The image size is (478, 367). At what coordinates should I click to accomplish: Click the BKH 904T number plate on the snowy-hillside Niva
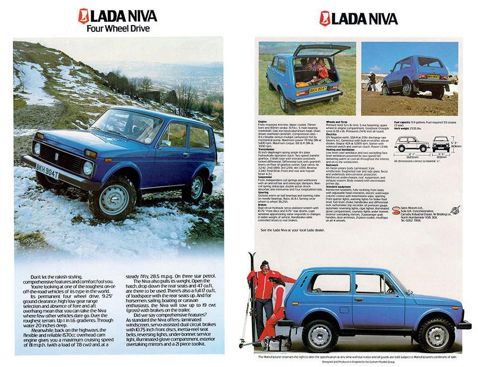47,172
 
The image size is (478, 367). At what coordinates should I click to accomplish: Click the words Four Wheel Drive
118,28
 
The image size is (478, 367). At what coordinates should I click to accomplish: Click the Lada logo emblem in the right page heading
325,19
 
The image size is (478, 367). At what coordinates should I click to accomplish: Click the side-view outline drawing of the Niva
411,144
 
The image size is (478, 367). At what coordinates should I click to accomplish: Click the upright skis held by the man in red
253,298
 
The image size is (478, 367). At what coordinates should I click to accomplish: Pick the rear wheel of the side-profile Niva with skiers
319,335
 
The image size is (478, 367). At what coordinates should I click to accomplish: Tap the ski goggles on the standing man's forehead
264,265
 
